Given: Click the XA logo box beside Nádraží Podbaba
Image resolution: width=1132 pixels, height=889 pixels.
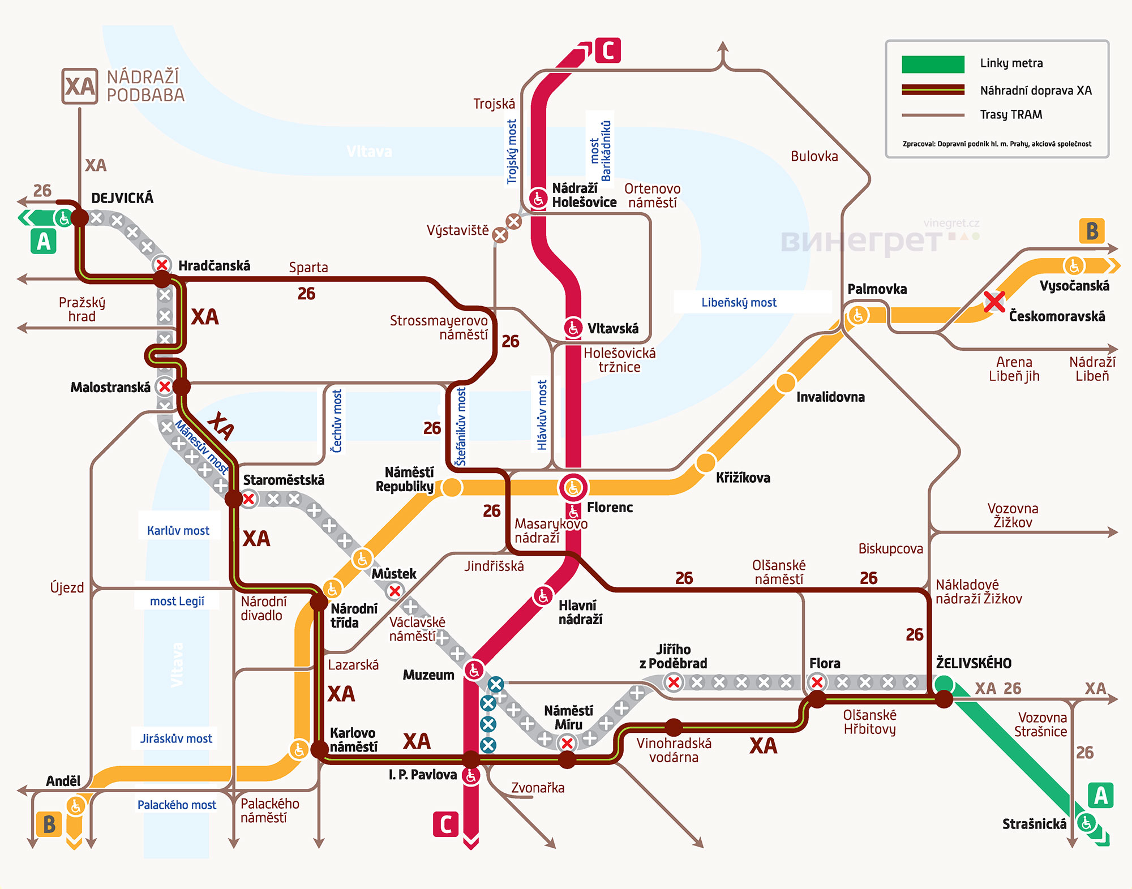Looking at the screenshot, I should [80, 86].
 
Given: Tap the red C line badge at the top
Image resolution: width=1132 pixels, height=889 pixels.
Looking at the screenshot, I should [608, 50].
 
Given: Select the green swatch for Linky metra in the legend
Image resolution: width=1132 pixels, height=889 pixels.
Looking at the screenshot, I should [933, 64].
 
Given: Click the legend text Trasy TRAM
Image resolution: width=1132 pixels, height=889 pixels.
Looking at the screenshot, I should [1011, 115].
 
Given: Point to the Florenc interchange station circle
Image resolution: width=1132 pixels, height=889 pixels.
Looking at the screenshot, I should [573, 487].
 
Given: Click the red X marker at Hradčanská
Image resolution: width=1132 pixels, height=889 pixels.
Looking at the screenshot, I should [162, 264].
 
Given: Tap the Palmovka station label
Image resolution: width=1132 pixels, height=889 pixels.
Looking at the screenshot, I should [877, 289].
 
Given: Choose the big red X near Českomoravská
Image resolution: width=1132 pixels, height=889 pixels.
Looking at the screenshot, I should [994, 302].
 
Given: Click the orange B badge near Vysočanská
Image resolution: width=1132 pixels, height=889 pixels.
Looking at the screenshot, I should [1092, 231].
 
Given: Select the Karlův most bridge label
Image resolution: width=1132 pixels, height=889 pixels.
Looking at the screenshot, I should [178, 531].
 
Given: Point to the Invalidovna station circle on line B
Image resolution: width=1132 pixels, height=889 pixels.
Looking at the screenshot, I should [785, 383].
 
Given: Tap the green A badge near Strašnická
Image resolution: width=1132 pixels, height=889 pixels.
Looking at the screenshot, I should [1100, 796].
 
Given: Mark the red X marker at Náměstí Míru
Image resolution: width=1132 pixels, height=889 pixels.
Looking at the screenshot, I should [567, 743].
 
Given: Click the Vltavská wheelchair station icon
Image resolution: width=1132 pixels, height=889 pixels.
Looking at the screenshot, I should [573, 327].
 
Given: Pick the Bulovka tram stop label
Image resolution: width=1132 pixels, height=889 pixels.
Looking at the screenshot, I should [814, 157].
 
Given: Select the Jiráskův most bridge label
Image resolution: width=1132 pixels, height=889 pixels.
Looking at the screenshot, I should [176, 738].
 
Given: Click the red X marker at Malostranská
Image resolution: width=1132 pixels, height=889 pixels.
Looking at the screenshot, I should [165, 387].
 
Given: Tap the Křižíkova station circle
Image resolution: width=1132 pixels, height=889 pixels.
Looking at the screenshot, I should [705, 463].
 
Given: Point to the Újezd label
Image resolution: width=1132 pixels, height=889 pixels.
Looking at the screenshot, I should [67, 588].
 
